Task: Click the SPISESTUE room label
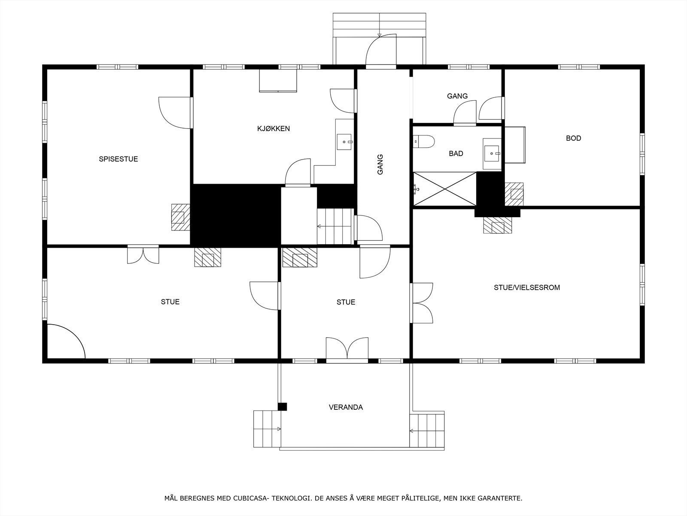(x=118, y=159)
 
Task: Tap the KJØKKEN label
(x=274, y=129)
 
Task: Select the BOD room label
(x=573, y=138)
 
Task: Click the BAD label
(x=456, y=154)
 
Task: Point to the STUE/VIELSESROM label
(x=526, y=288)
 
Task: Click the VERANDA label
(x=346, y=407)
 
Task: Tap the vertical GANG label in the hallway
(x=380, y=164)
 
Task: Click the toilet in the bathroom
(x=423, y=141)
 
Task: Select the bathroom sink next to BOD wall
(x=492, y=153)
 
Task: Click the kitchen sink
(x=344, y=141)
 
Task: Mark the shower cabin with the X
(x=445, y=188)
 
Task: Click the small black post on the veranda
(x=282, y=406)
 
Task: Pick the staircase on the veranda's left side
(x=267, y=429)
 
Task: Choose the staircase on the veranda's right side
(x=426, y=430)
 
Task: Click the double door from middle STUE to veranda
(x=347, y=349)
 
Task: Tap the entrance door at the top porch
(x=380, y=52)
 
